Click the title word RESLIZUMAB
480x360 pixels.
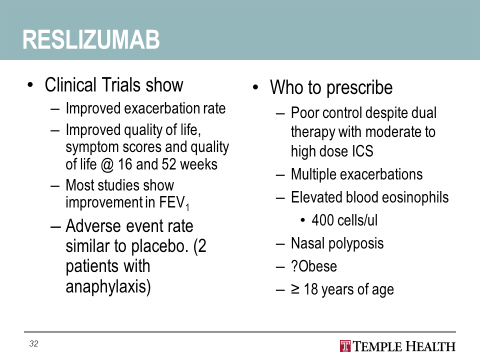click(91, 39)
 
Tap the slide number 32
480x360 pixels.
click(33, 343)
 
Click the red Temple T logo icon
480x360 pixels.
click(345, 346)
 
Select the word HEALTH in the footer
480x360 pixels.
click(430, 346)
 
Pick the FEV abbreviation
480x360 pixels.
click(171, 202)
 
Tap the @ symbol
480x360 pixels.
click(107, 164)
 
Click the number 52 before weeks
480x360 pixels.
click(168, 164)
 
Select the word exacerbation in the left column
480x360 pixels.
click(162, 108)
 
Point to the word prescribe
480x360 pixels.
click(359, 88)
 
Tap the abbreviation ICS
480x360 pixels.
click(362, 151)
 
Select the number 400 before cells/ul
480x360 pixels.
click(322, 220)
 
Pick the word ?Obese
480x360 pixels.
click(314, 266)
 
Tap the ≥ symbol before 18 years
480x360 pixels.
click(295, 289)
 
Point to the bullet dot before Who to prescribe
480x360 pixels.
click(255, 87)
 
